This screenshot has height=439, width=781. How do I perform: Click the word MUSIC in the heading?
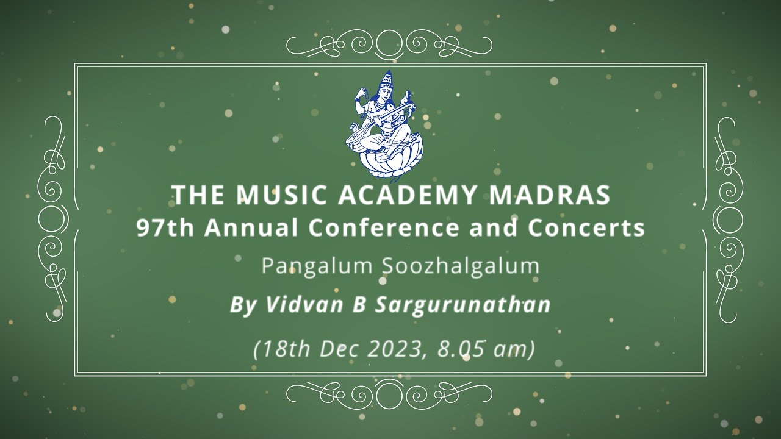tap(273, 195)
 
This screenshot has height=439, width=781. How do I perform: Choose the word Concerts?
tap(586, 228)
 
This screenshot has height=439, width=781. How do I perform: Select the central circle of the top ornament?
tap(389, 43)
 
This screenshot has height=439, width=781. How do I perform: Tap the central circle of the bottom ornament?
tap(389, 395)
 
